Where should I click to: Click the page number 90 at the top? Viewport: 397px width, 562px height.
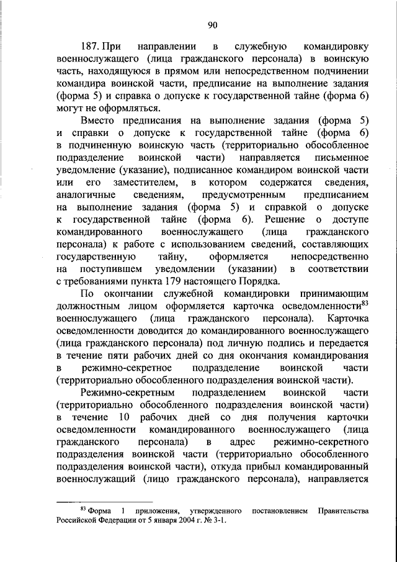pyautogui.click(x=212, y=24)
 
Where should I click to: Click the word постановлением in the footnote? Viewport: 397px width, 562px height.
pyautogui.click(x=280, y=510)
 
